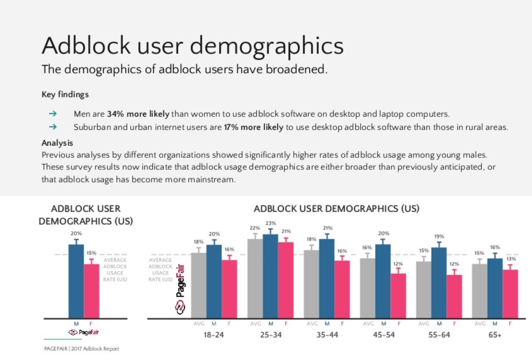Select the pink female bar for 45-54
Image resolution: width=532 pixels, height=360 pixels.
pos(398,296)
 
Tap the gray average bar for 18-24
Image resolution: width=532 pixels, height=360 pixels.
pos(198,286)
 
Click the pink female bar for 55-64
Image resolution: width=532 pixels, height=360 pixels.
pos(454,296)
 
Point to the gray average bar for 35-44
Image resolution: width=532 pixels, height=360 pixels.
pos(311,284)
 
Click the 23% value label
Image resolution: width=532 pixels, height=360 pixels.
pos(271,223)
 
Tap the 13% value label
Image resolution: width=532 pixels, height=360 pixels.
pos(511,259)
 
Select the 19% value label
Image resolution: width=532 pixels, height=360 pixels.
pos(439,236)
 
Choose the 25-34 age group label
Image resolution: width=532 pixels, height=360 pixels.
pos(271,335)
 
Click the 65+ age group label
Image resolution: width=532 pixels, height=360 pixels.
pos(495,335)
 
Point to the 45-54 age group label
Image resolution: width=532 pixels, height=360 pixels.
pos(384,335)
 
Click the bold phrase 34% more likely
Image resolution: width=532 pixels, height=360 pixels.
pos(138,114)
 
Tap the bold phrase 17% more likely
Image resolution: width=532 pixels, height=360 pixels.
pos(254,127)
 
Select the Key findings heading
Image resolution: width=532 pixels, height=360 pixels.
pos(65,94)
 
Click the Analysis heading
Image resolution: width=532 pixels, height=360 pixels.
pos(57,143)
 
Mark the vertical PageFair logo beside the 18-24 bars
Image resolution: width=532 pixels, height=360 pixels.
pos(180,289)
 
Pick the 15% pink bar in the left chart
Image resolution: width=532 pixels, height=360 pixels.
pos(91,291)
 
